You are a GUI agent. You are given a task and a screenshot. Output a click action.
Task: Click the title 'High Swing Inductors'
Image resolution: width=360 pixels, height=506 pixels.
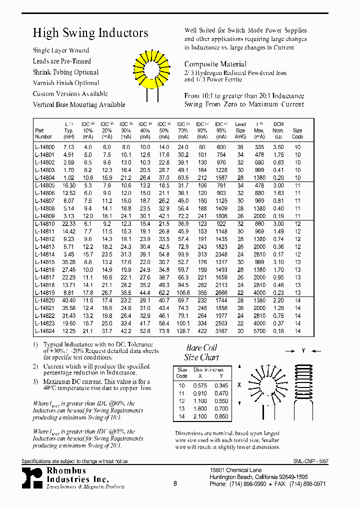(90, 33)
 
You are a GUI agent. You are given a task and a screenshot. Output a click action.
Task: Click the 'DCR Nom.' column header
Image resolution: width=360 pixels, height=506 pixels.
(278, 130)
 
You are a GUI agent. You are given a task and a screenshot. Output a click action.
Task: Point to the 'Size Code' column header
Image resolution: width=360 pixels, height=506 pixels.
(297, 133)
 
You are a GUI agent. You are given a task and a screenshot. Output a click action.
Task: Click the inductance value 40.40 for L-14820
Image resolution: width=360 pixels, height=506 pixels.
(68, 299)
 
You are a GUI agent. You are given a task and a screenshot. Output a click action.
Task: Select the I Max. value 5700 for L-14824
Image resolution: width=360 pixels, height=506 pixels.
(259, 331)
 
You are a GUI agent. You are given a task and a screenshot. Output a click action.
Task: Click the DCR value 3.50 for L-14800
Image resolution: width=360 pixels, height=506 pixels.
(278, 147)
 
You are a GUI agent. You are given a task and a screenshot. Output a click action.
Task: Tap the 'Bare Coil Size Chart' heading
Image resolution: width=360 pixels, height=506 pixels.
(201, 352)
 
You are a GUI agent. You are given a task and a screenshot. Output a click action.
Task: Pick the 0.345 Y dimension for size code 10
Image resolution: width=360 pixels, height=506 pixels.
(221, 385)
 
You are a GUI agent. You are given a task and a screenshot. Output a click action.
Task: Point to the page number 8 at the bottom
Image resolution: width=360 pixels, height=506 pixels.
(175, 483)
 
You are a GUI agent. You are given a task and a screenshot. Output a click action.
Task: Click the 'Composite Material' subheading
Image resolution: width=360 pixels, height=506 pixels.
(215, 64)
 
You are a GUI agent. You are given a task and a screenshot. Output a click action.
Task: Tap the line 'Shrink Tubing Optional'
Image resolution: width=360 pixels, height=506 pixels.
(66, 72)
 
